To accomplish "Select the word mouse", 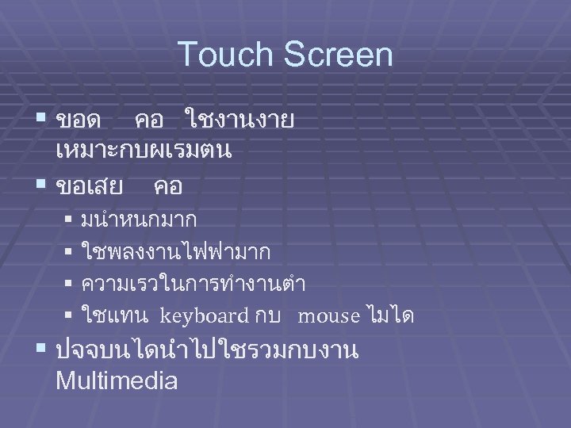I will (328, 316).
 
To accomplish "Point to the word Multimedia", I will (117, 380).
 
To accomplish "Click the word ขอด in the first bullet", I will (79, 121).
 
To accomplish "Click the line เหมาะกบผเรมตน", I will (144, 151).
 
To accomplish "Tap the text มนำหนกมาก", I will (139, 218).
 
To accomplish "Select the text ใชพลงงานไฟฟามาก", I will (175, 251).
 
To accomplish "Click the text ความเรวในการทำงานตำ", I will (194, 284).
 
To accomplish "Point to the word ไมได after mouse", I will (391, 316).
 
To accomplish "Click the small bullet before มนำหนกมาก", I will (69, 217).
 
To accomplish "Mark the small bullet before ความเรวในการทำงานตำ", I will (69, 283).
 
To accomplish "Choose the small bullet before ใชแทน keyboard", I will (69, 315).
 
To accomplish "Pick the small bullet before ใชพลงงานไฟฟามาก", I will (69, 250).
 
